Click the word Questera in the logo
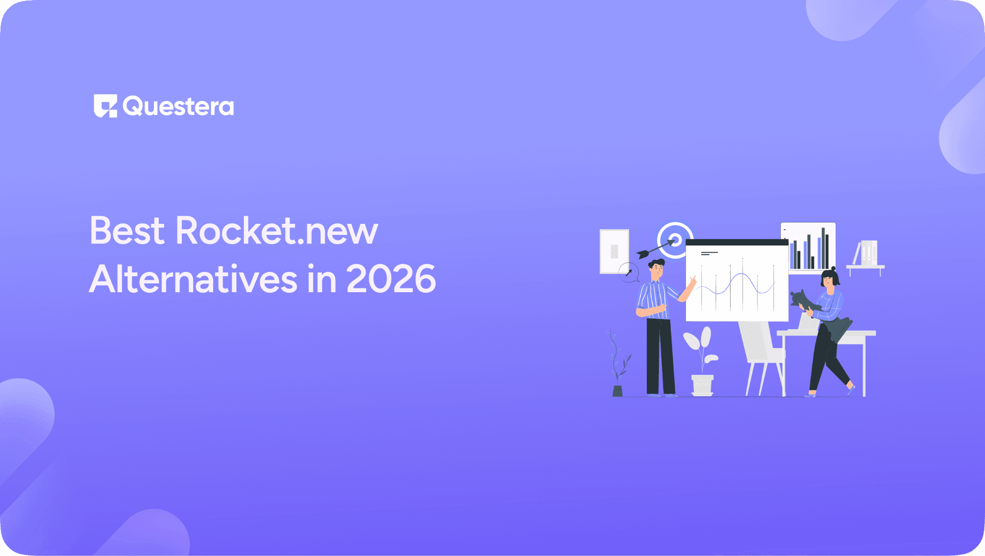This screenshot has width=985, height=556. pos(178,106)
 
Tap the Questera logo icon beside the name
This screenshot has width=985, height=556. pos(105,106)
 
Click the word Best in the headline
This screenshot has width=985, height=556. pos(127,231)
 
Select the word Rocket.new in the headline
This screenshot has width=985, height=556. pos(277,231)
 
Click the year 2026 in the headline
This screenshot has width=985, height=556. pos(391,279)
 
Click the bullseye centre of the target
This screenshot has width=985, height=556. pos(675,240)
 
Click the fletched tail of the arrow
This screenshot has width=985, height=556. pos(643,254)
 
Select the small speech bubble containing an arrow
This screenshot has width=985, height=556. pos(629,272)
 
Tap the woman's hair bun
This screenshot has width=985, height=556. pos(833,269)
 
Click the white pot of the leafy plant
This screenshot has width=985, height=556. pos(702,385)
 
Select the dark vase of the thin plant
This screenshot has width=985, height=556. pos(618,391)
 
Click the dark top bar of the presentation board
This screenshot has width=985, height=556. pos(737,242)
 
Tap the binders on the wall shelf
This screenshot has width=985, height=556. pos(869,253)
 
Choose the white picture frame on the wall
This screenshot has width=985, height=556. pos(614,251)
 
